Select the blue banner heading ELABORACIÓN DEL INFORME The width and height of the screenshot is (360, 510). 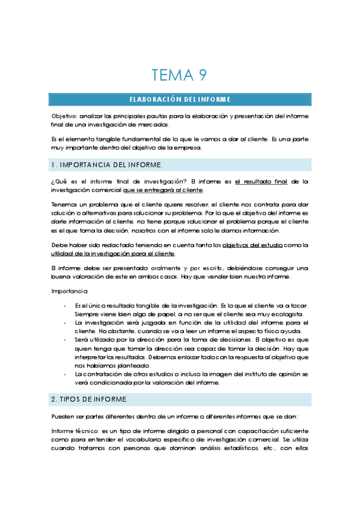[180, 99]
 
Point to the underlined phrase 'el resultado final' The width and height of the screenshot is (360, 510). [262, 181]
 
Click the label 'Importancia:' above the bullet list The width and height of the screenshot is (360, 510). [70, 292]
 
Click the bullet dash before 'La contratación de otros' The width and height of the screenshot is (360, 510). [65, 373]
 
